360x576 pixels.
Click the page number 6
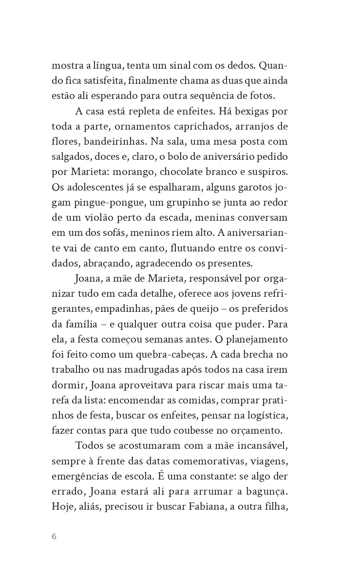click(x=54, y=537)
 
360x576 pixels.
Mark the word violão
click(x=97, y=218)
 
